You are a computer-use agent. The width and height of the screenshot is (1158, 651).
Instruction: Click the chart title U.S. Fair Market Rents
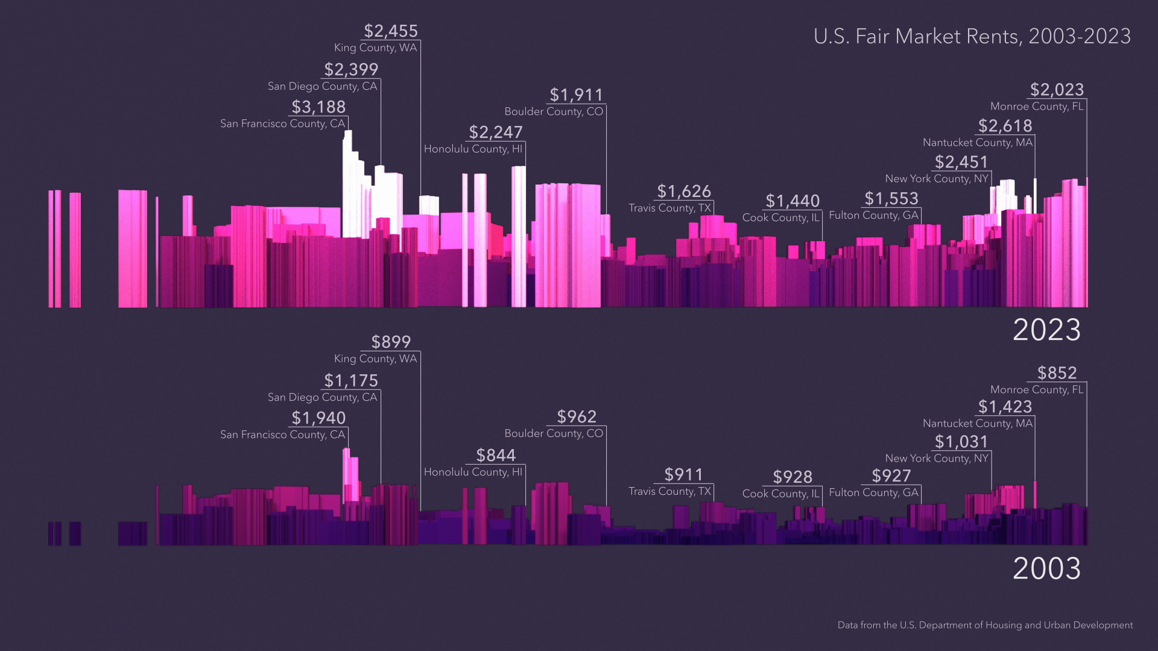click(972, 37)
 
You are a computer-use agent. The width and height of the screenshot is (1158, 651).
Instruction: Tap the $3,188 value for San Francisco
click(318, 107)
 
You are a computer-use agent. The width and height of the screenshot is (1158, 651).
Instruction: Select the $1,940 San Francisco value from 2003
click(318, 418)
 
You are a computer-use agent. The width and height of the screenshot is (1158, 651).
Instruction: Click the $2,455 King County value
click(391, 31)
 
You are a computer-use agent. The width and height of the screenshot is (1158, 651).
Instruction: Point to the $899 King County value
click(391, 342)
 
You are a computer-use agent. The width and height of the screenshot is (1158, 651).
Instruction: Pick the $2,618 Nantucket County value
click(1005, 126)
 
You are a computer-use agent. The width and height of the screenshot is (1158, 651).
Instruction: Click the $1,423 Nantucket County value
click(1005, 407)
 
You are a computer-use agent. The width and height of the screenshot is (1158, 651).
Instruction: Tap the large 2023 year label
click(1046, 330)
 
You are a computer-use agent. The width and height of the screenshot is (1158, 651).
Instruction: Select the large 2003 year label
click(1046, 569)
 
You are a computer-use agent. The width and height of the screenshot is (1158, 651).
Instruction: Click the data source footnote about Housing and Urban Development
click(985, 626)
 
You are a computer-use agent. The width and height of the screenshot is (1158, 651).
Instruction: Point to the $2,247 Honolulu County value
click(496, 133)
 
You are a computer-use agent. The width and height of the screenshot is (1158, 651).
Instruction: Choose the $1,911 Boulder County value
click(576, 95)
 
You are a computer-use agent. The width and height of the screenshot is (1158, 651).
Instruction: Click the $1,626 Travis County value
click(684, 192)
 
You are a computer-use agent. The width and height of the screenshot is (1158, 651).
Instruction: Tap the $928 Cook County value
click(793, 477)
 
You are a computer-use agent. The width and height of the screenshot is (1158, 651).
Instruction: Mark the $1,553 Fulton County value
click(891, 199)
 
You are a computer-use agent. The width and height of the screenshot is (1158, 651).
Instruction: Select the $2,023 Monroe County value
click(1057, 90)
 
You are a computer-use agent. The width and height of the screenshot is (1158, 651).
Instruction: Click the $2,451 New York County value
click(961, 162)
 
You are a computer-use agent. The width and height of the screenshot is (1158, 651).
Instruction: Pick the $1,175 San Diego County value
click(351, 381)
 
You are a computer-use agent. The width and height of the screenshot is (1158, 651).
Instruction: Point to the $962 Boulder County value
click(577, 417)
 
